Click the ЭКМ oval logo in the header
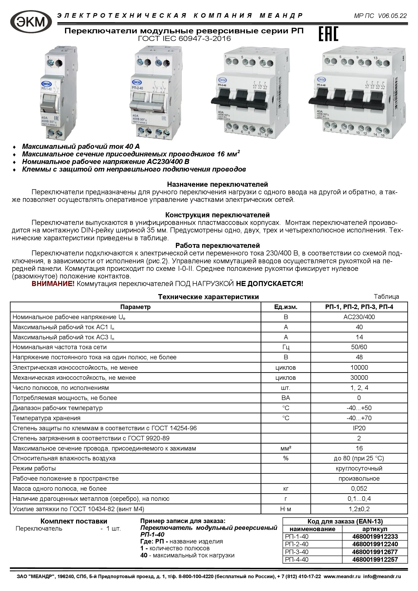click(31, 22)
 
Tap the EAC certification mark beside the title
click(328, 34)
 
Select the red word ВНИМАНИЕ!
click(53, 284)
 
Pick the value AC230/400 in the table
click(359, 317)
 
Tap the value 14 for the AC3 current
click(359, 337)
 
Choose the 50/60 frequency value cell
click(359, 347)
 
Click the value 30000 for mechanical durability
click(359, 377)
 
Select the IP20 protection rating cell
click(359, 428)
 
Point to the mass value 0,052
click(359, 489)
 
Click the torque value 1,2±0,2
click(359, 509)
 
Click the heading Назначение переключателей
click(218, 184)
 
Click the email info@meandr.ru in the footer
click(382, 576)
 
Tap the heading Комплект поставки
click(74, 521)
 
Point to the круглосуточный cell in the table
click(359, 468)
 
